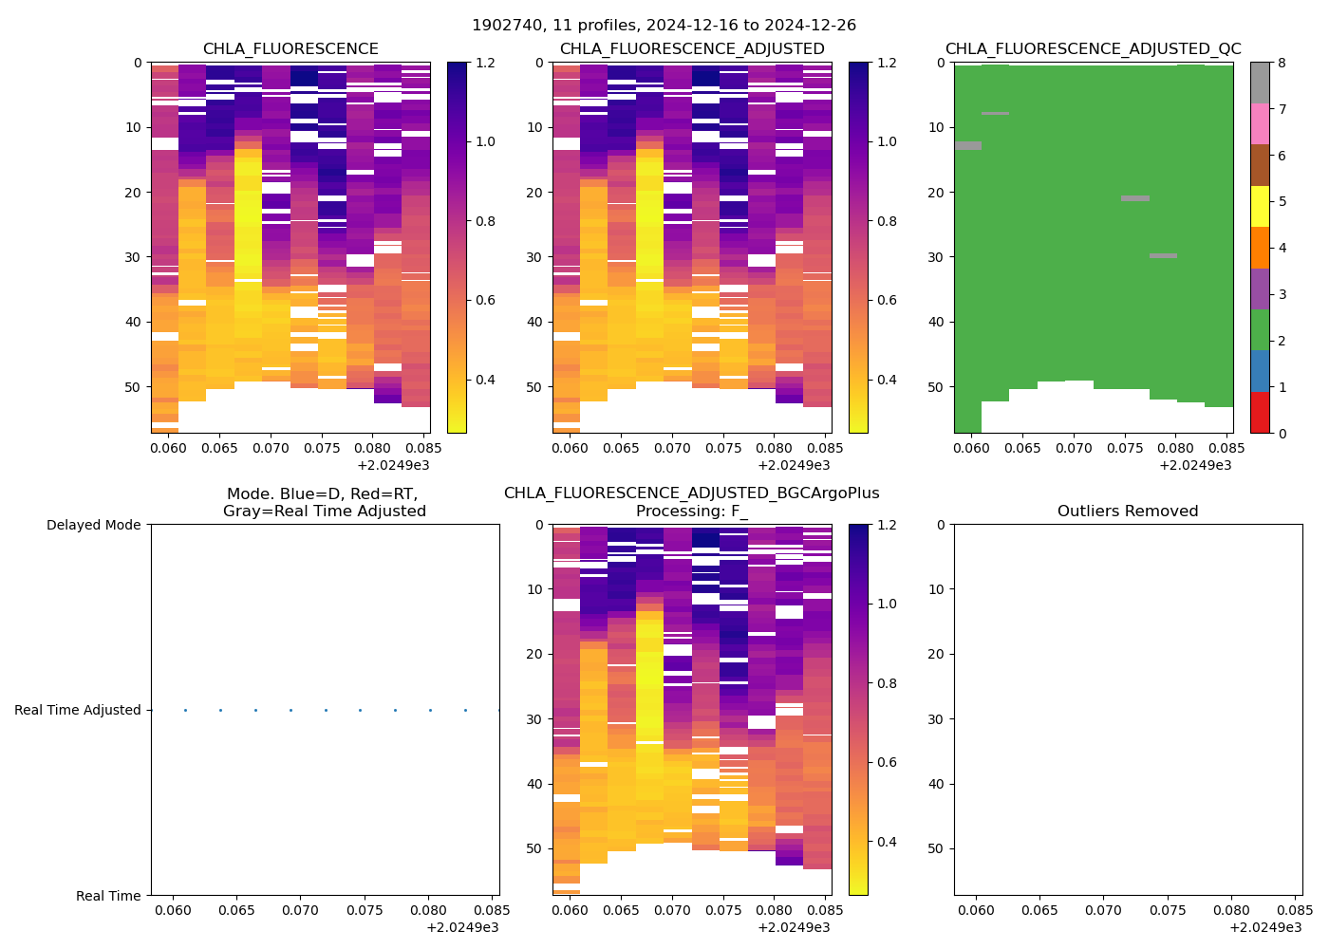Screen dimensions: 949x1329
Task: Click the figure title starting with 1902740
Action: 664,26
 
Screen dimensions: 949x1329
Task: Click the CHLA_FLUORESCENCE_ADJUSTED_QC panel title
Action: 1093,49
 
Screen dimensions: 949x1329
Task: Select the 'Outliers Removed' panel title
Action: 1128,512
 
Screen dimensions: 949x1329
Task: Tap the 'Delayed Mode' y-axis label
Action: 93,525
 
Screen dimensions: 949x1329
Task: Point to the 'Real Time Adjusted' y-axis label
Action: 78,710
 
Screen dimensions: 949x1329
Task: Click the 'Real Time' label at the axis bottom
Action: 108,896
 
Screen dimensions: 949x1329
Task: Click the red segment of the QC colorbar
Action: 1260,413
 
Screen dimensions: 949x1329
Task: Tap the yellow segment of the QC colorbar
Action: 1260,206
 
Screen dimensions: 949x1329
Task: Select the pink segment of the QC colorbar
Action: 1260,123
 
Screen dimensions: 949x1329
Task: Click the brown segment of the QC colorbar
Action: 1260,165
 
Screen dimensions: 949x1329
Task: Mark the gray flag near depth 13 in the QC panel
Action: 968,145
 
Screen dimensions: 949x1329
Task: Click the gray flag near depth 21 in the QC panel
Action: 1135,198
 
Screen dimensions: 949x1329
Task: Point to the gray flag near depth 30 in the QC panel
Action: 1163,255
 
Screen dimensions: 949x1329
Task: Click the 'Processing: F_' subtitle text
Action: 691,512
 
